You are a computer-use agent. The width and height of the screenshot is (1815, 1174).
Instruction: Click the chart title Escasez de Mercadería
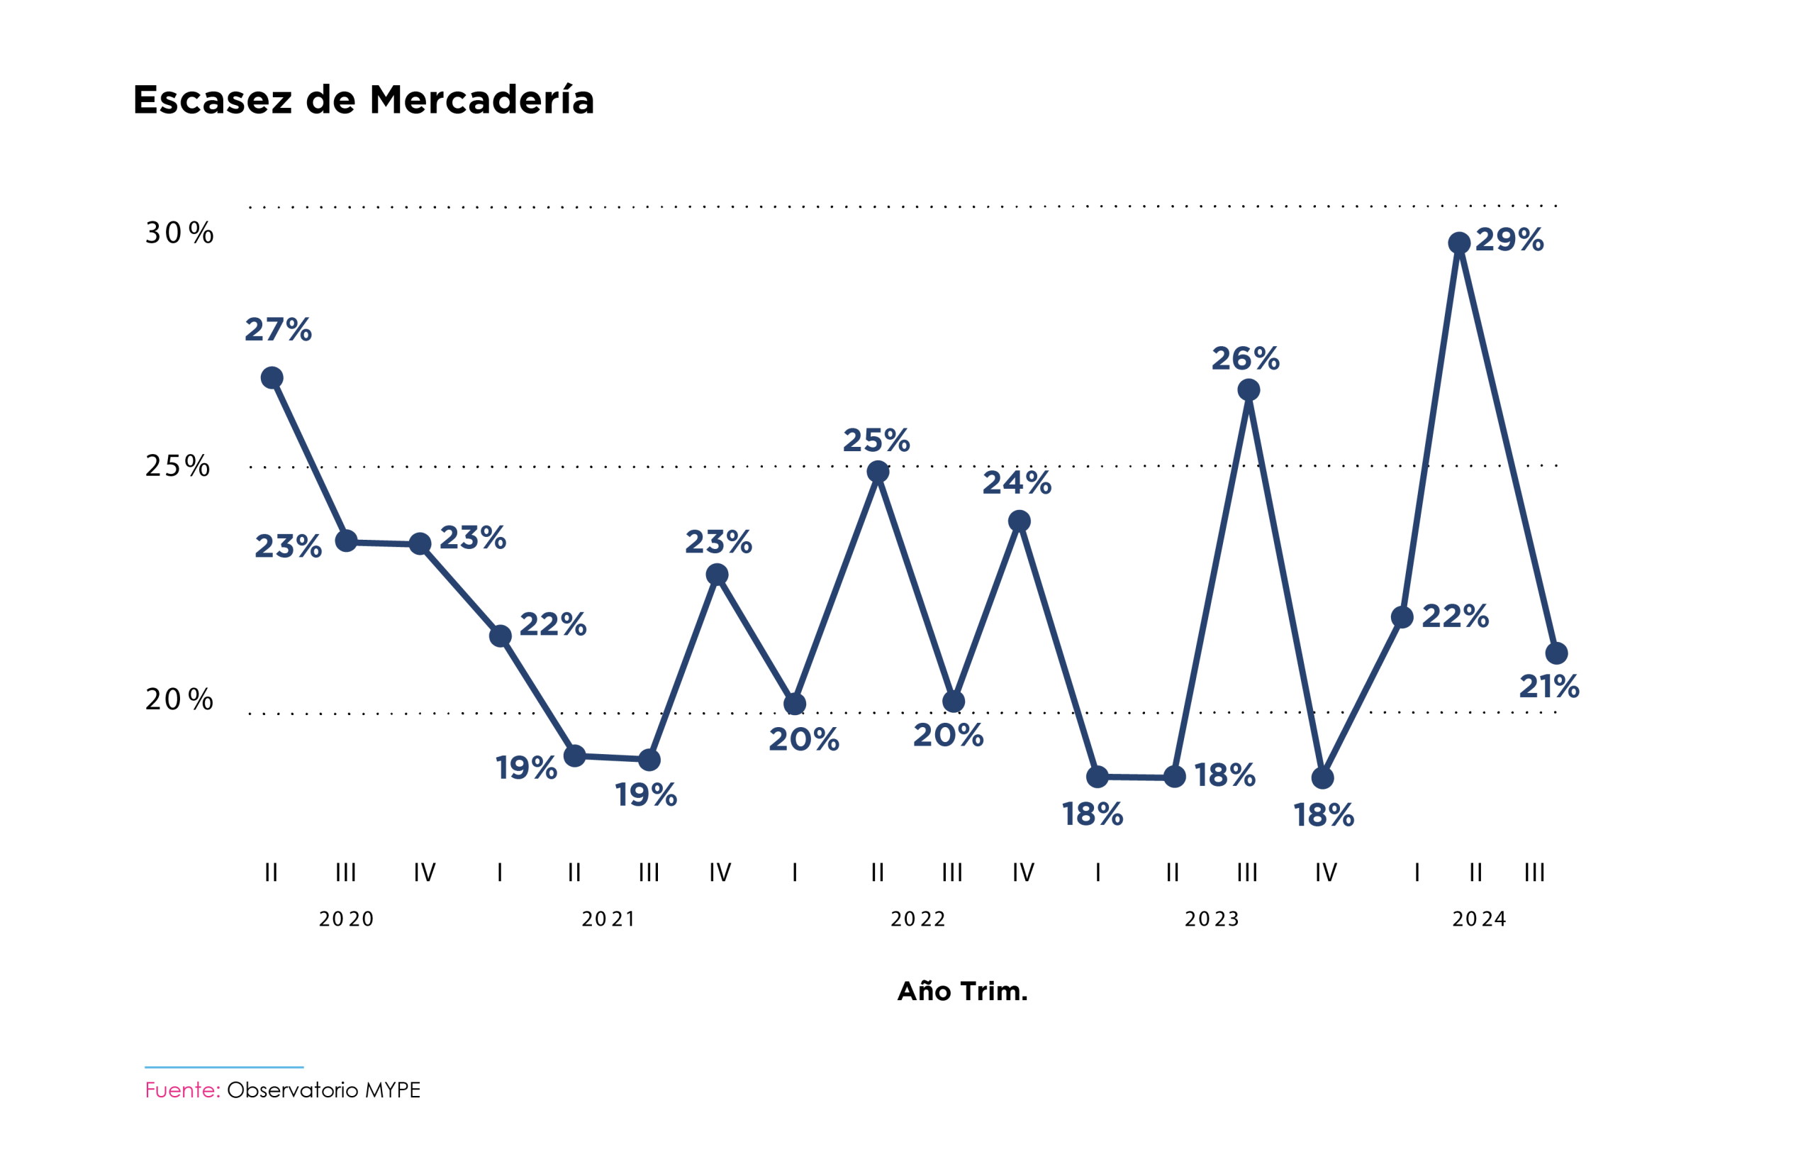tap(364, 100)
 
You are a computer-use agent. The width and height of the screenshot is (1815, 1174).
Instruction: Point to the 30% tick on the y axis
tap(180, 233)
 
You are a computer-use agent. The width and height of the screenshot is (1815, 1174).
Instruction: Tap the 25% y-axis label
tap(177, 466)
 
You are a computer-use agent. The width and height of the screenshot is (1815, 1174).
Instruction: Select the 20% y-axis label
tap(180, 699)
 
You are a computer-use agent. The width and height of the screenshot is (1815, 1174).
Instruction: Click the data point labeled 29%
tap(1458, 243)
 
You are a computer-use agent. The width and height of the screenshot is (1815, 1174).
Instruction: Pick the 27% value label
tap(278, 329)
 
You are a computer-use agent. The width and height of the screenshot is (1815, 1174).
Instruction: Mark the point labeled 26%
tap(1248, 390)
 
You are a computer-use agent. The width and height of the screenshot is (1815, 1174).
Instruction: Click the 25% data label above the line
tap(876, 440)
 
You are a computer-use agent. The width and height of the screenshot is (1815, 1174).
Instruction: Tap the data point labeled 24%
tap(1019, 521)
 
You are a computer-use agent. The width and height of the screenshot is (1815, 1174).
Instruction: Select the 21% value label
tap(1549, 686)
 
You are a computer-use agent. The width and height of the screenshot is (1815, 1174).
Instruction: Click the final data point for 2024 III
tap(1556, 653)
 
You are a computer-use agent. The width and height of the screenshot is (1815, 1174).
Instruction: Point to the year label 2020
tap(347, 919)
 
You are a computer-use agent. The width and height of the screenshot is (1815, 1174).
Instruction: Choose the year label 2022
tap(918, 919)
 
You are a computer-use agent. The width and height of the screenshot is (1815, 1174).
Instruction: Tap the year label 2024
tap(1479, 919)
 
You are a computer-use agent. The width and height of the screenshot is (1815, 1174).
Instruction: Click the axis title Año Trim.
tap(962, 991)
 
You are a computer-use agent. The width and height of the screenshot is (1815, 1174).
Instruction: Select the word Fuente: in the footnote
tap(183, 1090)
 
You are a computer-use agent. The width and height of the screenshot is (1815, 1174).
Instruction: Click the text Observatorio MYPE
tap(324, 1090)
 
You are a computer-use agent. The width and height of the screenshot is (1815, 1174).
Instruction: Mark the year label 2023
tap(1212, 919)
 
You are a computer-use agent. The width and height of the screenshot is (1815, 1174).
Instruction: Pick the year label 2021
tap(608, 919)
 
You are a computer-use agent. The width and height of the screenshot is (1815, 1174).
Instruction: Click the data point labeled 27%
tap(272, 377)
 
